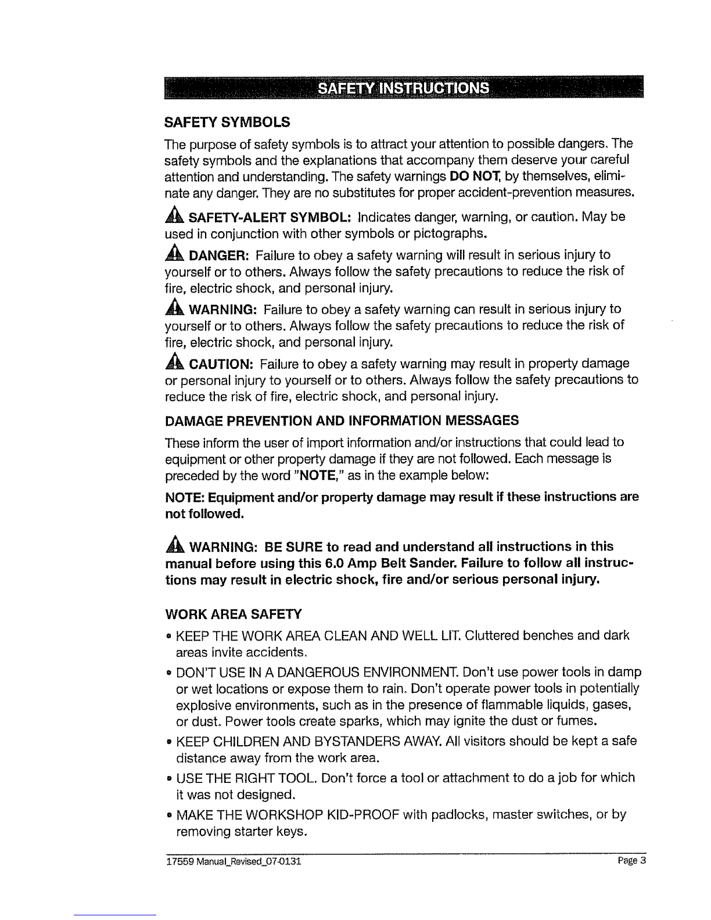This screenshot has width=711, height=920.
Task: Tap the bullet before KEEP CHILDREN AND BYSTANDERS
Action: click(168, 742)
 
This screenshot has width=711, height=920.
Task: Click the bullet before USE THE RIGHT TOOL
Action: click(168, 778)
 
